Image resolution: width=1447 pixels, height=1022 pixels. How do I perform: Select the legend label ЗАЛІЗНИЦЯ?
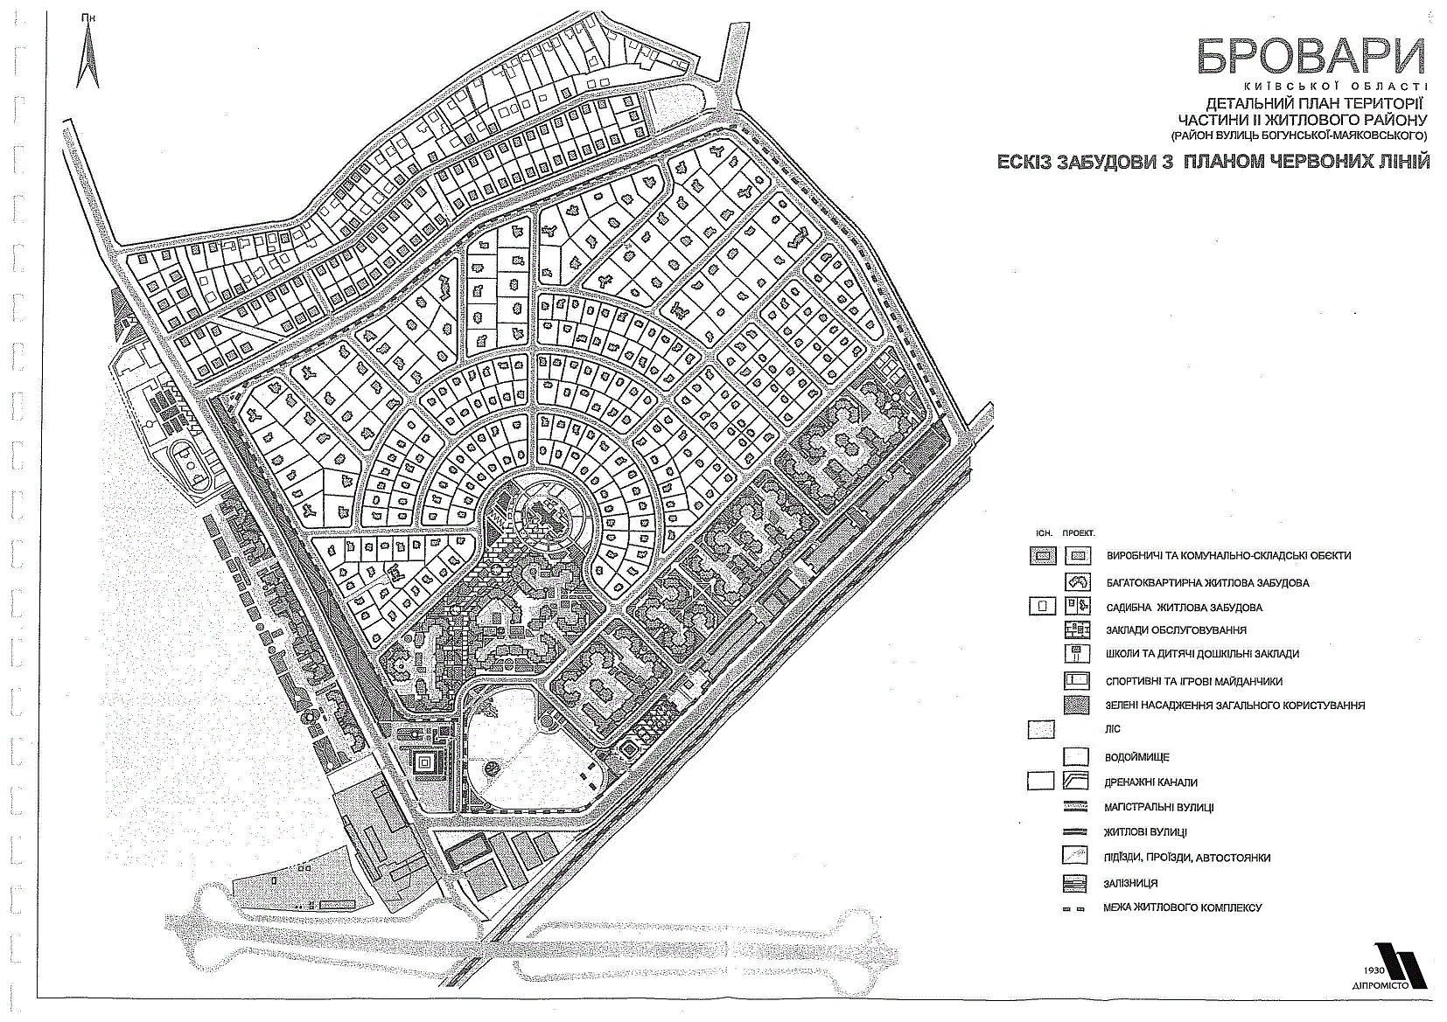pos(1130,883)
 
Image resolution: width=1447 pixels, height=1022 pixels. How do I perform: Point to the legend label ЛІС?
pos(1113,729)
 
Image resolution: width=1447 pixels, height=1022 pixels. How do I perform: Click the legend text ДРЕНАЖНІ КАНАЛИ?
pos(1150,782)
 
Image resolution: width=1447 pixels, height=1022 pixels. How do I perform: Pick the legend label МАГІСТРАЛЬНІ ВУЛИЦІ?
pos(1159,807)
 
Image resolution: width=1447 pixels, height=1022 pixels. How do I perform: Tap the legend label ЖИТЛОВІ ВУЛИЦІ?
pos(1145,832)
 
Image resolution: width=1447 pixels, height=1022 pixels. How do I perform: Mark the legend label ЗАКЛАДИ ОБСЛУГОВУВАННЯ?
pos(1176,629)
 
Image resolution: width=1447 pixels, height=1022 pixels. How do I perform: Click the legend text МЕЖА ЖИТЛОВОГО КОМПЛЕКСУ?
pos(1182,907)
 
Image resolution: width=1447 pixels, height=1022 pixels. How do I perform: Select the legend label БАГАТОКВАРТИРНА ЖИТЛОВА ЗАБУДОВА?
pos(1207,583)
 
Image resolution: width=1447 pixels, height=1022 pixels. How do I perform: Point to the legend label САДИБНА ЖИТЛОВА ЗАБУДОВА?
pos(1184,608)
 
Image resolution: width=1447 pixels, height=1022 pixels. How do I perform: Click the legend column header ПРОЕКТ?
pos(1079,533)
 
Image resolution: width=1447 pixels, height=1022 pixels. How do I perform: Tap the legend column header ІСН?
pos(1044,533)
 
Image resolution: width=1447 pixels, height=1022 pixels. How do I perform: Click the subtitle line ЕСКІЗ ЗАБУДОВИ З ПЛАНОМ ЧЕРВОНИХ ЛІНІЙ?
pos(1213,162)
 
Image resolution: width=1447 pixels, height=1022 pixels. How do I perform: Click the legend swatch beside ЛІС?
pos(1041,729)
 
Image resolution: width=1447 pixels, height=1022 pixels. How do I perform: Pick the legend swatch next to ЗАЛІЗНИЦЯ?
pos(1075,883)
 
